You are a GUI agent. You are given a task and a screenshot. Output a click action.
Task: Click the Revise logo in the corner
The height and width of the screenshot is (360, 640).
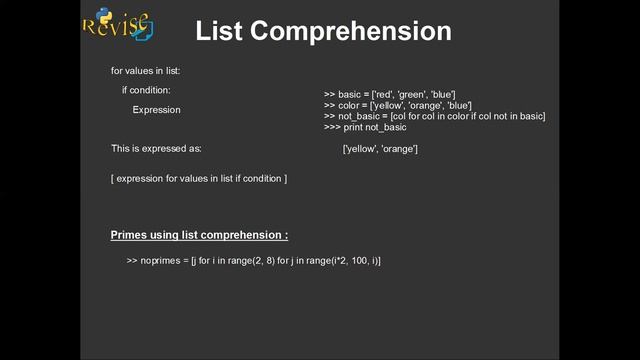[117, 27]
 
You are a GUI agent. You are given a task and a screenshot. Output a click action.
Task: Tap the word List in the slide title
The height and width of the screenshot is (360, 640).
[217, 31]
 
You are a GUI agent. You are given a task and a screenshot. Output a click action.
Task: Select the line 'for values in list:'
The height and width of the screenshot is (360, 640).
[145, 70]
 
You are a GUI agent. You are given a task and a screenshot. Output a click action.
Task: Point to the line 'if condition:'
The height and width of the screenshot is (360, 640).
[146, 90]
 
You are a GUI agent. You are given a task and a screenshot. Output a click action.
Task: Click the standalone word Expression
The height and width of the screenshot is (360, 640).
[157, 109]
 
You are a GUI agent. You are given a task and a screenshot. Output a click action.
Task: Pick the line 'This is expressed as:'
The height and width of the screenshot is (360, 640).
[156, 148]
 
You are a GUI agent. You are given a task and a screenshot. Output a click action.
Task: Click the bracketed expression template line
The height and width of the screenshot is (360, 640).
[199, 178]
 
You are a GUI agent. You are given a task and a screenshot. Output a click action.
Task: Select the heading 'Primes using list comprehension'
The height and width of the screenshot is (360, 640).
[199, 235]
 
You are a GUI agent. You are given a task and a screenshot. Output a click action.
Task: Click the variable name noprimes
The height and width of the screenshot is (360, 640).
[163, 261]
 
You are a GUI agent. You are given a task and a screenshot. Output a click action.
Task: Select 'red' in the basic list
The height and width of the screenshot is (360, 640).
[380, 94]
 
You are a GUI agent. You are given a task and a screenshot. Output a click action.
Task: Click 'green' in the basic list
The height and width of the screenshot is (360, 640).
[409, 94]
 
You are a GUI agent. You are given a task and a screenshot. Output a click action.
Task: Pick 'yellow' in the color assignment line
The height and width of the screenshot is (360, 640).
[387, 105]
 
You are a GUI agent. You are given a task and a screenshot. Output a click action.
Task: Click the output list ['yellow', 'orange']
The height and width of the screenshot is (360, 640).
[380, 149]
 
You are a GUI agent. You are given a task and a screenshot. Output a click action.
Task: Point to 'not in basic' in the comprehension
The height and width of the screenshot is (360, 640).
[513, 116]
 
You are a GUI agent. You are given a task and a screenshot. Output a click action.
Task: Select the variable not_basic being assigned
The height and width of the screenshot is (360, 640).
[354, 116]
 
